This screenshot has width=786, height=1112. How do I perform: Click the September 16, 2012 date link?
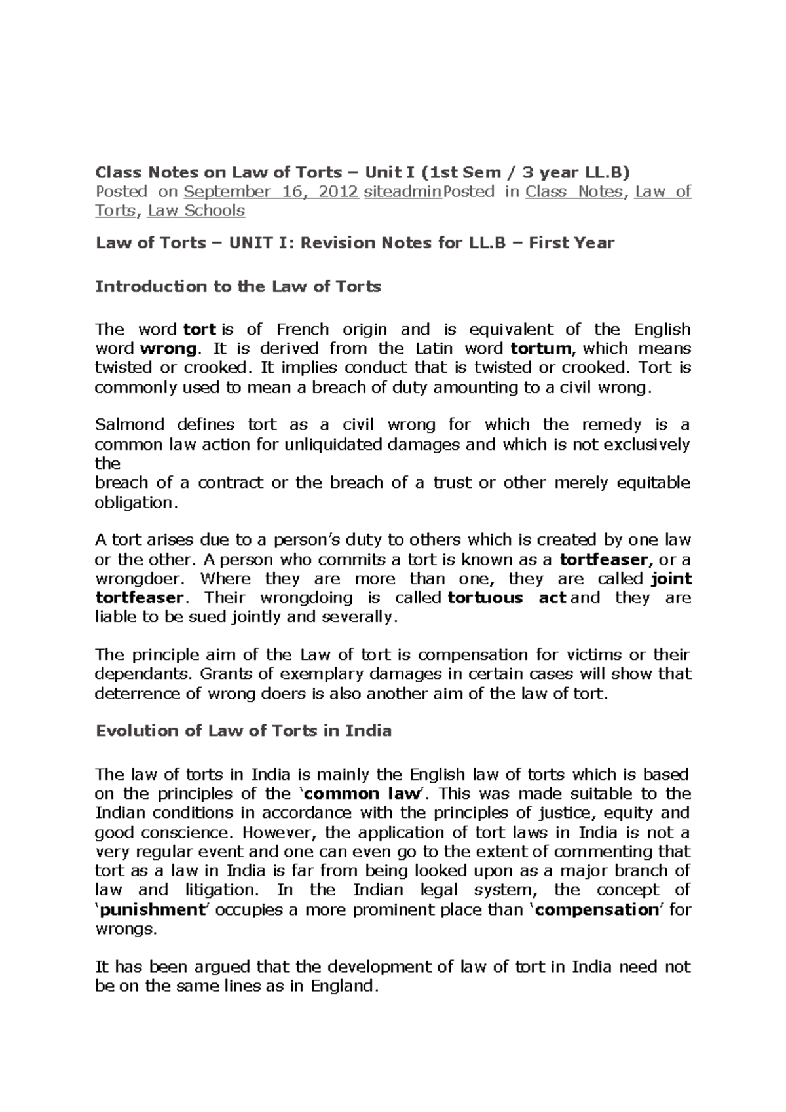click(x=271, y=192)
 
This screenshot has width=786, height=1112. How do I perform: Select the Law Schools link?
click(x=196, y=211)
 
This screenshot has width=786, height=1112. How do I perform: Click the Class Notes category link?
click(x=575, y=192)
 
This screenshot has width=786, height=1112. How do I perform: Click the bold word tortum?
click(x=541, y=348)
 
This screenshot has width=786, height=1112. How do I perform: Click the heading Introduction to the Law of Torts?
click(x=238, y=287)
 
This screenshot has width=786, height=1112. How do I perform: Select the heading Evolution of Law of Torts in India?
click(x=243, y=731)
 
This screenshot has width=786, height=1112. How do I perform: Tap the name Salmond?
click(x=130, y=425)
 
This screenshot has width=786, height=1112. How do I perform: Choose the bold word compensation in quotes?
click(x=596, y=910)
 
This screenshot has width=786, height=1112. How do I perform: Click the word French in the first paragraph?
click(x=303, y=329)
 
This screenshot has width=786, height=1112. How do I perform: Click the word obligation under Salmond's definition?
click(x=134, y=502)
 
